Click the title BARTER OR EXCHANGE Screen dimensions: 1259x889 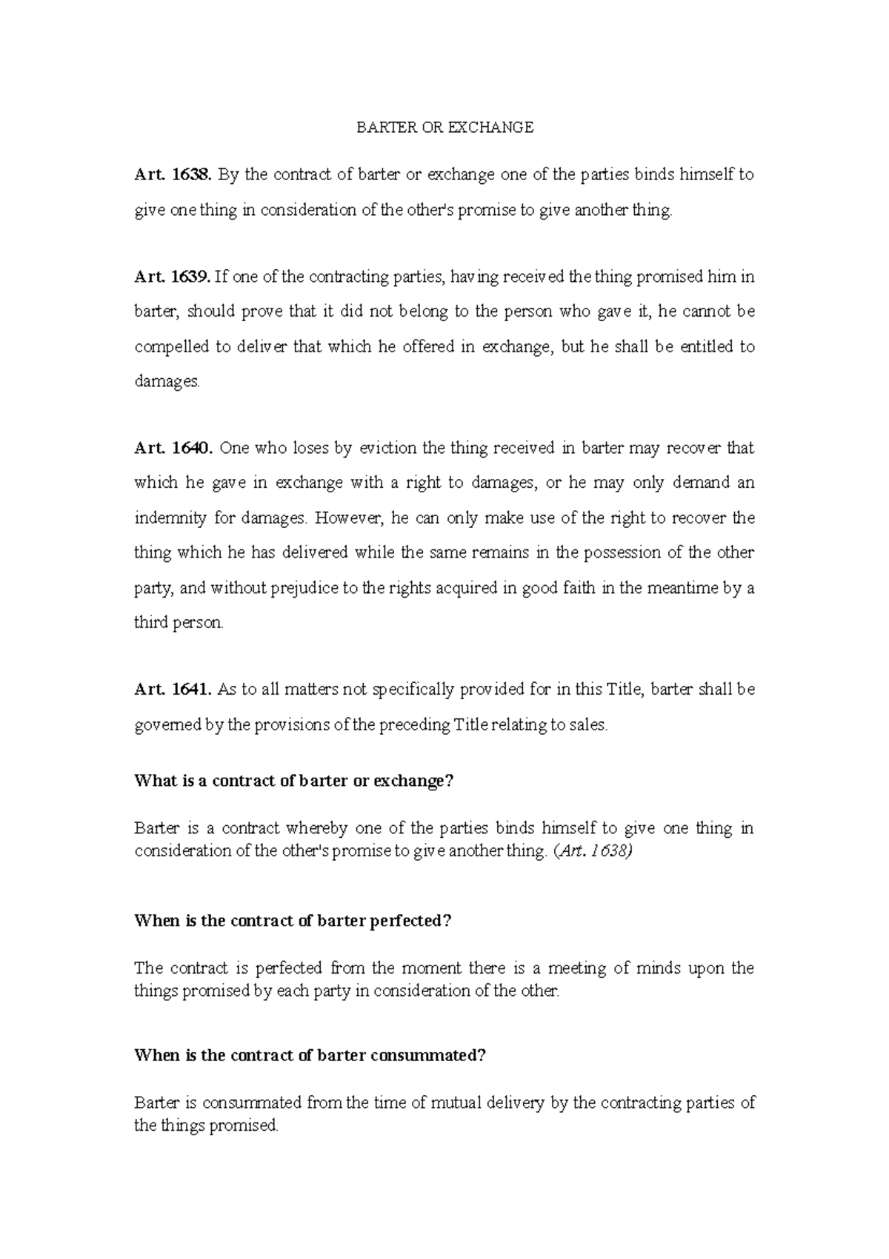[x=444, y=128]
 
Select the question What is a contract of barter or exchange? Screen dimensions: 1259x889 [x=293, y=781]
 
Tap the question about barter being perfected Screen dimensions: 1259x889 [x=293, y=921]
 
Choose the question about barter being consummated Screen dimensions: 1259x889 [x=310, y=1056]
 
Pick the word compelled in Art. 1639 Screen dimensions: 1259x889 [x=172, y=347]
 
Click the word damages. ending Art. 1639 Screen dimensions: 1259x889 [x=167, y=382]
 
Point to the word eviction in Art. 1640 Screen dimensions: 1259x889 [x=387, y=448]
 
